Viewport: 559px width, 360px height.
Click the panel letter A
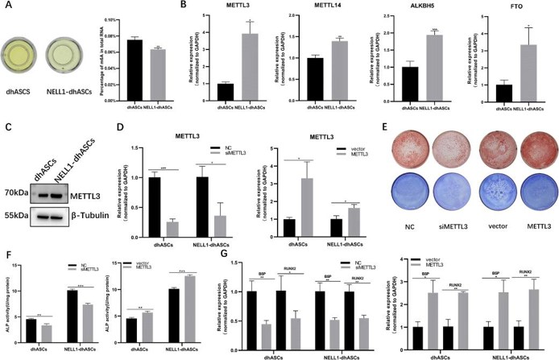[x=7, y=7]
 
